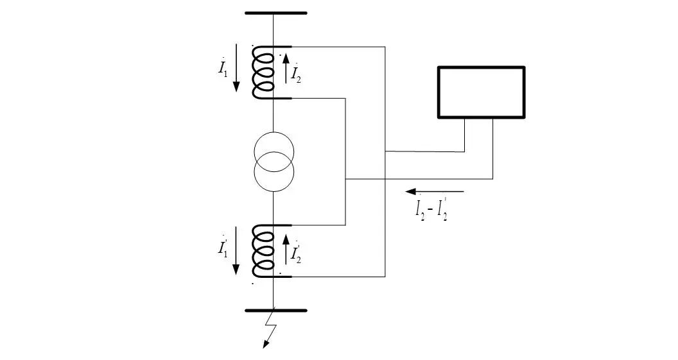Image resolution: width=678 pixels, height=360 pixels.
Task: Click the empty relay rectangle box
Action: tap(481, 92)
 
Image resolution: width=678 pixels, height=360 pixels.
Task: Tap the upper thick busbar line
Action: tap(276, 13)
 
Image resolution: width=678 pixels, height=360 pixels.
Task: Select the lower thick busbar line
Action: tap(276, 311)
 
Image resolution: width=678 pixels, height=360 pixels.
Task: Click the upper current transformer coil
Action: tap(263, 73)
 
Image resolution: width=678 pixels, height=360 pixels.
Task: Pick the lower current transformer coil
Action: tap(263, 251)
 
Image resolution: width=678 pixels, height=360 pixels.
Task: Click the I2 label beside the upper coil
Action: tap(296, 74)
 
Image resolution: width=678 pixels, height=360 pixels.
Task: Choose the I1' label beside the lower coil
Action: tap(223, 248)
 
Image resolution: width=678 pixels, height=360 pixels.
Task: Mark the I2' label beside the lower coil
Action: tap(296, 254)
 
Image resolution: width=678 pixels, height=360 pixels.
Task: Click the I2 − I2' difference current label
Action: tap(431, 210)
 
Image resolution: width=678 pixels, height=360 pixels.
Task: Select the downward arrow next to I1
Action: tap(236, 68)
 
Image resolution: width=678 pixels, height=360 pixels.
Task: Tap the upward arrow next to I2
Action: tap(286, 68)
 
